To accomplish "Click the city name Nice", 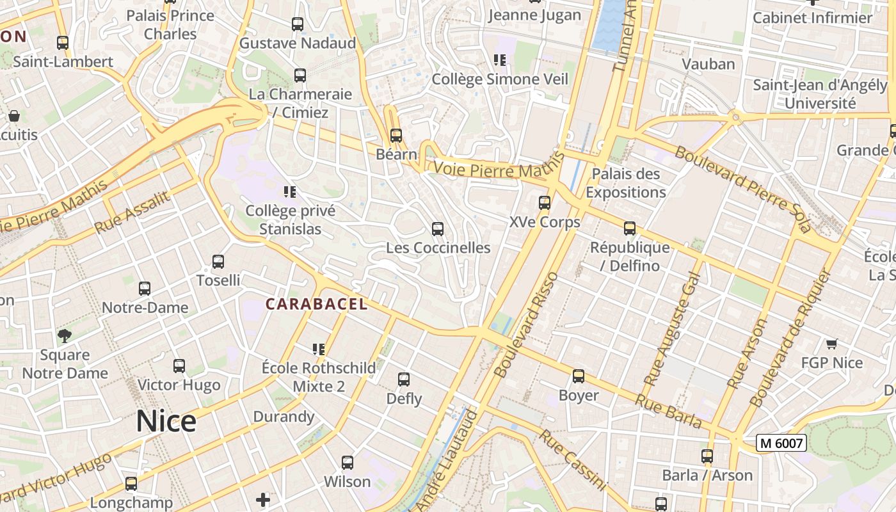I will pos(166,421).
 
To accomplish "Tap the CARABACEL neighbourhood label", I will pos(317,305).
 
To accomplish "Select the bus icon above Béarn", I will pos(396,135).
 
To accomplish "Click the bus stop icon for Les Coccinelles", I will pos(438,229).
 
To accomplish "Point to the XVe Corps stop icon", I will pos(545,203).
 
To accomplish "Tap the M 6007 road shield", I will pos(781,443).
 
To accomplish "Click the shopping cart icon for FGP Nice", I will pos(832,344).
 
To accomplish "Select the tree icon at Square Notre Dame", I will pos(65,336).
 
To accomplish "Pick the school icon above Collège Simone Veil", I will pos(500,60).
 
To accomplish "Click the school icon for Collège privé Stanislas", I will pos(290,191).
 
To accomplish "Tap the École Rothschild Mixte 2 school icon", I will pos(319,349).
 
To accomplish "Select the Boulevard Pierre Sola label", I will pos(742,189).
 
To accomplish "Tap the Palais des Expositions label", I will pos(625,183).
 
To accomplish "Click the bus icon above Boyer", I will pos(579,376).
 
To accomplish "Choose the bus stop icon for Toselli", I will pos(218,262).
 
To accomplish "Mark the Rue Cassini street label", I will pos(572,460).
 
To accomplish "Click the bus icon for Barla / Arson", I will pos(707,456).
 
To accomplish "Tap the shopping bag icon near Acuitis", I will pos(14,116).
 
